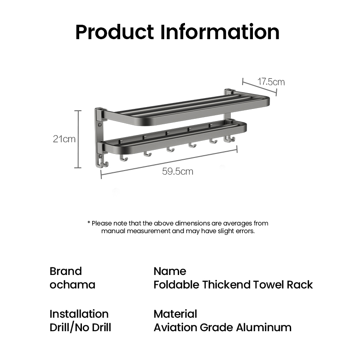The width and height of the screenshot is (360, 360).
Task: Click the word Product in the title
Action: (115, 32)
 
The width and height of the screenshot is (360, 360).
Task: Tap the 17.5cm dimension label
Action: (271, 82)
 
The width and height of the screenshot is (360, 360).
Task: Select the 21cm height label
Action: (64, 139)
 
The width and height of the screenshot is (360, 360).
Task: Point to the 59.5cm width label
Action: (177, 171)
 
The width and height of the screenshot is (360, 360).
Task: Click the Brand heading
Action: (66, 271)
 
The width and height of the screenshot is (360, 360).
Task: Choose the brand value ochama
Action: (72, 285)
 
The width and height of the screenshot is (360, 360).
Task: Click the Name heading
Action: (170, 271)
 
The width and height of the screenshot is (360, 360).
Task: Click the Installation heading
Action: (79, 314)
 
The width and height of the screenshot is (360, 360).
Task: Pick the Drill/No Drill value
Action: (81, 328)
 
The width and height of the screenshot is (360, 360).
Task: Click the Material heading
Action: (175, 314)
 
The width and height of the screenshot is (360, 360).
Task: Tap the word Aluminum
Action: (264, 328)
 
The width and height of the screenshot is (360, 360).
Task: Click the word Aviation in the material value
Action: (175, 328)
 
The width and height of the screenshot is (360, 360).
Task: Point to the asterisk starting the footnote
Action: (89, 222)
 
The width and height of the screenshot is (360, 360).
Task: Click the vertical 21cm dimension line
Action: (78, 139)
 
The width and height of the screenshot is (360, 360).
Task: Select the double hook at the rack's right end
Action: (229, 139)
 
